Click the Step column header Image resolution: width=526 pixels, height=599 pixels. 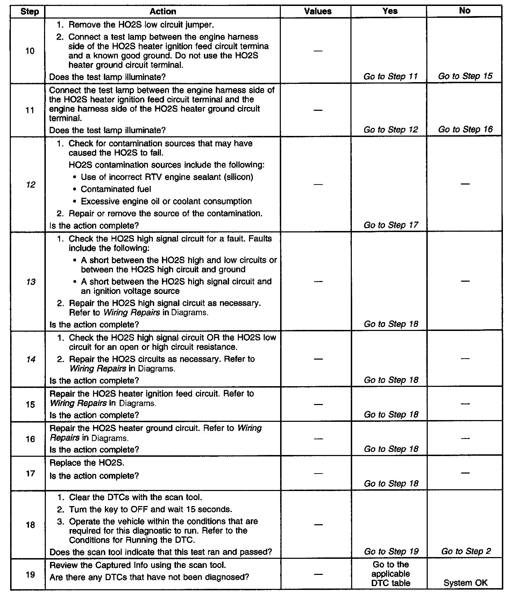(29, 12)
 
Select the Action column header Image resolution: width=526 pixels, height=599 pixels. (163, 12)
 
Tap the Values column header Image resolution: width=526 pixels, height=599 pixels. (318, 12)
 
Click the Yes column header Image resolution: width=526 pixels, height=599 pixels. (390, 11)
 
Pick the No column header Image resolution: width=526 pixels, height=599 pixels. (464, 11)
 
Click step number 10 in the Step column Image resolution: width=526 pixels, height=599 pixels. (30, 51)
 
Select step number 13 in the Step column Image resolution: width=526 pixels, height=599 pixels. (31, 282)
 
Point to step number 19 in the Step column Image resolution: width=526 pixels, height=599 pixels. (30, 574)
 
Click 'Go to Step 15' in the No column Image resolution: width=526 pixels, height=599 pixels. (465, 76)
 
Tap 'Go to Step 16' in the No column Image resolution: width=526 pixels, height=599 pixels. (465, 129)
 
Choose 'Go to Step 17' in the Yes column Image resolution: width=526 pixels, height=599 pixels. (391, 225)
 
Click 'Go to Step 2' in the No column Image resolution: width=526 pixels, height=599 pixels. (466, 551)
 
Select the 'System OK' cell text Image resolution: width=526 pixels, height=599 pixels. (465, 583)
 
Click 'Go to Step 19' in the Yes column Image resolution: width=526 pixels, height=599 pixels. (391, 551)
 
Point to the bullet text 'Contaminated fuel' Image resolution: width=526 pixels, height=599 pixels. (116, 189)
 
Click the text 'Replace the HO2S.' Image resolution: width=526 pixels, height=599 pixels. (87, 463)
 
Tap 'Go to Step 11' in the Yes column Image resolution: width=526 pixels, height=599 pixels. (390, 77)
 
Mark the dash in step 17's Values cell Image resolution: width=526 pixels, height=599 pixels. (318, 473)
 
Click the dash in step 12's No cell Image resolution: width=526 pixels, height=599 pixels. (465, 184)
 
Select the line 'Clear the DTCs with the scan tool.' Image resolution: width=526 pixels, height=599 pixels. (135, 497)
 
